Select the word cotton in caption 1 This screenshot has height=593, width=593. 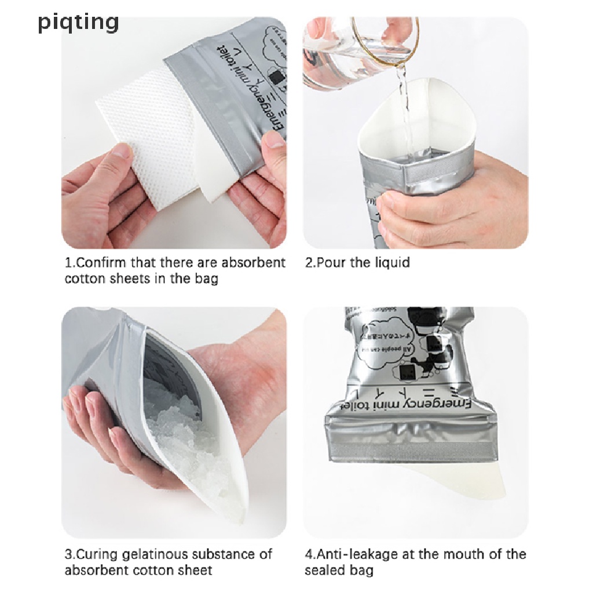(x=85, y=279)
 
